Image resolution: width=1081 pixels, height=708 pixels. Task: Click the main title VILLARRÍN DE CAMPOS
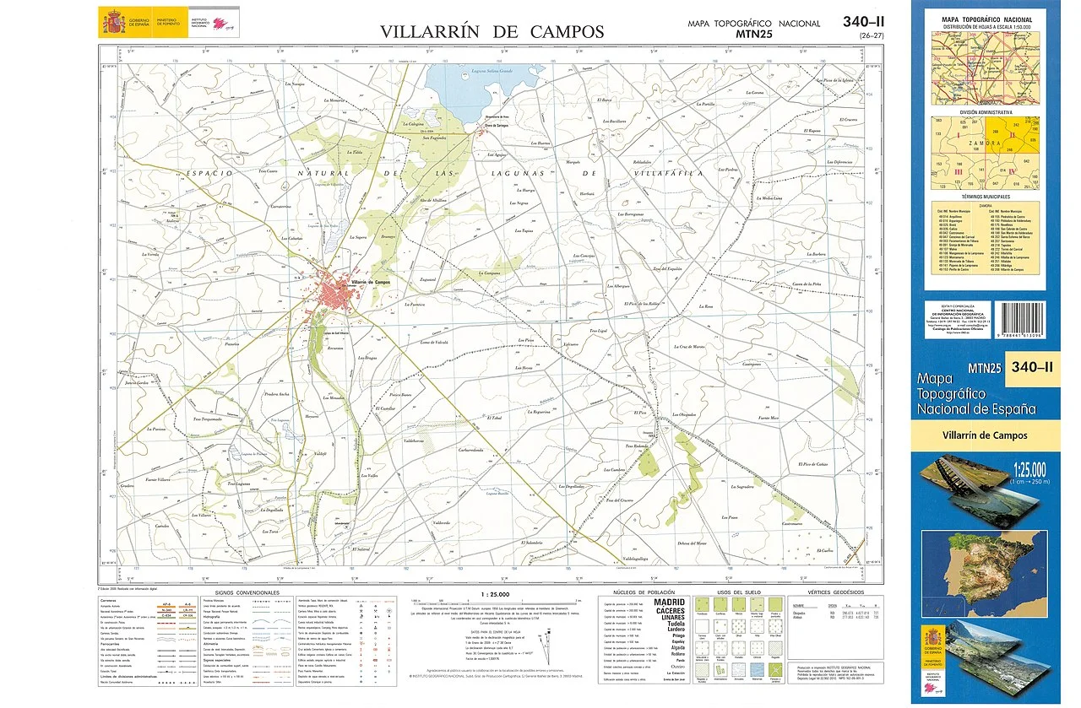coord(492,32)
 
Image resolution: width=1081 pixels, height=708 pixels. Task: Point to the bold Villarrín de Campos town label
coord(370,281)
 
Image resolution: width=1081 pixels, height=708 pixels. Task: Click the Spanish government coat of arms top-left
coord(111,21)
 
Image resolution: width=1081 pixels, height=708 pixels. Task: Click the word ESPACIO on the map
coord(207,173)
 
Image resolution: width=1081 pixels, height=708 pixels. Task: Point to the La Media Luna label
coord(769,198)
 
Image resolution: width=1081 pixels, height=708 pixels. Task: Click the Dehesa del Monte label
coord(692,543)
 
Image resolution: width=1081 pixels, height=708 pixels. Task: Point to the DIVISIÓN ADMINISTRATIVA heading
coord(986,111)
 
